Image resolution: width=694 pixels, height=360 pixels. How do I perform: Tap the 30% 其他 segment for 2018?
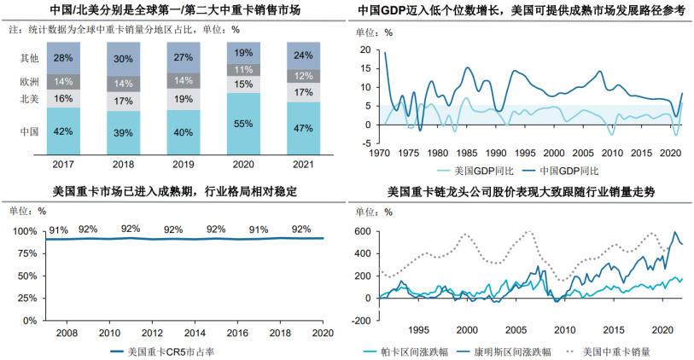point(123,59)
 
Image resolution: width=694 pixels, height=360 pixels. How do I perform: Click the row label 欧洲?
point(29,82)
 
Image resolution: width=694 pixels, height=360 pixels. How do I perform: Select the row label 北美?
point(29,100)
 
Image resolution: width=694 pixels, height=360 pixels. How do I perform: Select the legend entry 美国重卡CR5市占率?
point(172,351)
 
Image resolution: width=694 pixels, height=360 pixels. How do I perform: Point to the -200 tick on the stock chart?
point(362,320)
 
